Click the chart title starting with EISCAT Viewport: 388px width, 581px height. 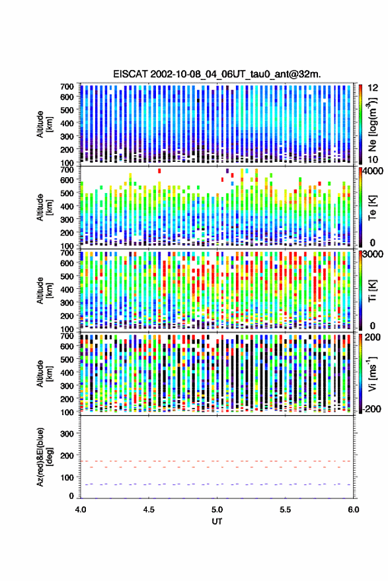click(x=217, y=74)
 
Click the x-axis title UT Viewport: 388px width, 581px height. click(x=217, y=522)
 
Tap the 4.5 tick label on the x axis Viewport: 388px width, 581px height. click(x=149, y=510)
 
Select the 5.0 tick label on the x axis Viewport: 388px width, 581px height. click(x=217, y=510)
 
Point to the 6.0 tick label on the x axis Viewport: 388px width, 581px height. click(x=354, y=510)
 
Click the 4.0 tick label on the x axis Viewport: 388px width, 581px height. click(x=81, y=510)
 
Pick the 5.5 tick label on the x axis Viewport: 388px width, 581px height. click(x=286, y=510)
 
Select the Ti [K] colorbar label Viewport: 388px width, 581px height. click(x=372, y=291)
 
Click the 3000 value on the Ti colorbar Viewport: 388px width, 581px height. click(x=373, y=254)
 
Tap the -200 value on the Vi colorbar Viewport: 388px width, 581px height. click(x=371, y=409)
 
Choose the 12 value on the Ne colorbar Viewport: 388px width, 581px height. click(x=373, y=88)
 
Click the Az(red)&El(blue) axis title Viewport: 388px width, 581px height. click(x=44, y=457)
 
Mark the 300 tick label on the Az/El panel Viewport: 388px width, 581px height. click(x=67, y=434)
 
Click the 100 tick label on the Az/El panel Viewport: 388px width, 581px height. click(x=67, y=478)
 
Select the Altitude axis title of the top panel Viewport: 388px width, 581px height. click(x=44, y=124)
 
